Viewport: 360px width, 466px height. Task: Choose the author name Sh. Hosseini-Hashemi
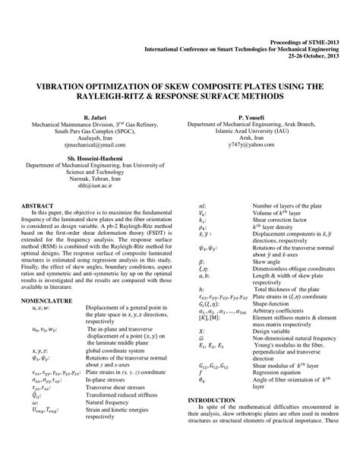coord(96,158)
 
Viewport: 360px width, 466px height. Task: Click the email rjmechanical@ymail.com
coord(96,147)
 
